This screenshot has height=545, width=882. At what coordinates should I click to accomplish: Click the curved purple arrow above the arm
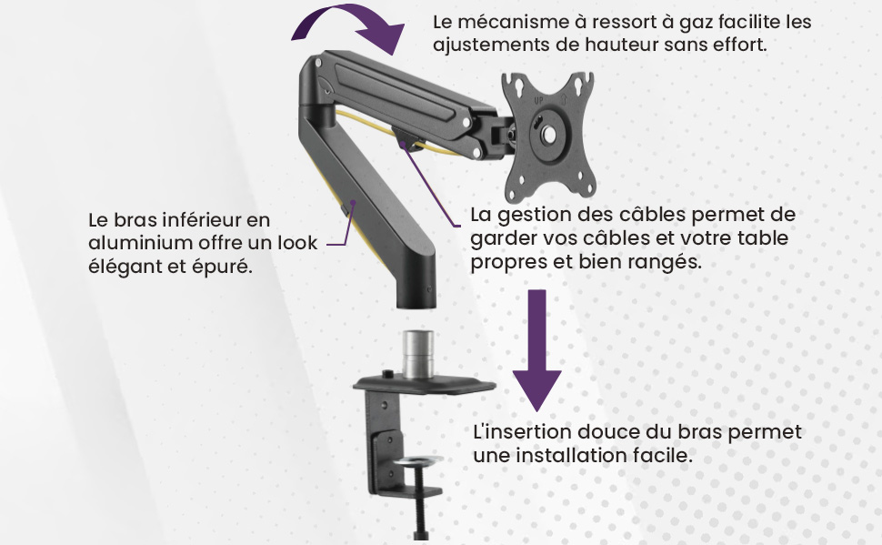(349, 13)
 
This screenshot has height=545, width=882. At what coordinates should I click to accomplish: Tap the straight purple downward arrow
(537, 349)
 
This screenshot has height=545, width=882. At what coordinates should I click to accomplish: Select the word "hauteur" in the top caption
(622, 45)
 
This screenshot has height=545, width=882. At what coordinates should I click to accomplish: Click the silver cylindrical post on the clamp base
(418, 355)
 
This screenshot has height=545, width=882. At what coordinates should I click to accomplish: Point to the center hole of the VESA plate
(547, 136)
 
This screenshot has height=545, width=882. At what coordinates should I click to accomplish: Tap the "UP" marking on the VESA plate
(538, 101)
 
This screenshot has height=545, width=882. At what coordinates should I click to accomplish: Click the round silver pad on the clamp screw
(418, 461)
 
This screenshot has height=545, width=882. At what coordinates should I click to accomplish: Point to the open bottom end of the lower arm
(416, 305)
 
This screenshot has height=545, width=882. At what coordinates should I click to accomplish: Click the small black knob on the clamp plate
(388, 375)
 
